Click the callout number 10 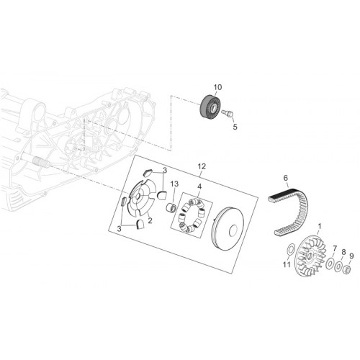coord(217,87)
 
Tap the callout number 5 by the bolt coord(235,127)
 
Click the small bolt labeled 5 coord(228,112)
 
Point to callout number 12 coord(202,166)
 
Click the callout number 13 coord(174,184)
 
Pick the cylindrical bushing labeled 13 coord(172,207)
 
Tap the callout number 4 coord(199,186)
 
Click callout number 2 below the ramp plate coord(150,220)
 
